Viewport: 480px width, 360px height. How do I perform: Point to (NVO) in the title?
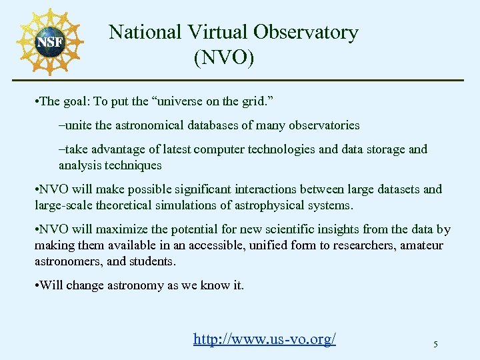pyautogui.click(x=224, y=58)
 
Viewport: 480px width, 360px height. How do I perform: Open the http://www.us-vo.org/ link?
pyautogui.click(x=265, y=339)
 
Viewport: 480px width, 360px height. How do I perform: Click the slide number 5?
pyautogui.click(x=435, y=345)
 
